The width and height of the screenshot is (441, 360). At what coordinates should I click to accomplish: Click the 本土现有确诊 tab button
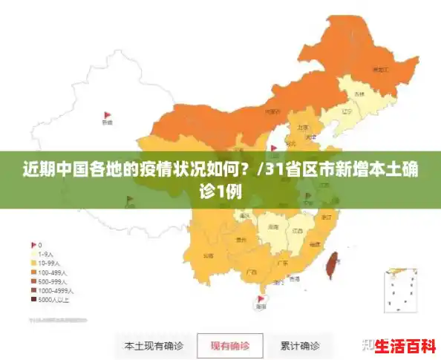click(154, 346)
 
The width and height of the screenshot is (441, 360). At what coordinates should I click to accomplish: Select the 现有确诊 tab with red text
click(229, 346)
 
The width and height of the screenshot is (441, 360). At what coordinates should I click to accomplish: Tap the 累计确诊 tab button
click(300, 346)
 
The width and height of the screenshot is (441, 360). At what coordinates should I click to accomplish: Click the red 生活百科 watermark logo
click(405, 346)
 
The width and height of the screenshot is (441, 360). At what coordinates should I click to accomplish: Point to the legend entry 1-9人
click(47, 253)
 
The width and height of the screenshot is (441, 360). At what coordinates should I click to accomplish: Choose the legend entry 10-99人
click(48, 263)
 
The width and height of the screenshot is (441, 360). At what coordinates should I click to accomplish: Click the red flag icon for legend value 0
click(33, 244)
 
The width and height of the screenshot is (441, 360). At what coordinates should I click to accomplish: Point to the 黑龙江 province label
click(380, 69)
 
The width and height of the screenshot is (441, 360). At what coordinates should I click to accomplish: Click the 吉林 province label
click(359, 94)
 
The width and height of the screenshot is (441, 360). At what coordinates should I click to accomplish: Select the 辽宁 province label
click(345, 111)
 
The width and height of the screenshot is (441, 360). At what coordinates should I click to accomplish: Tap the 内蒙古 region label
click(272, 111)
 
